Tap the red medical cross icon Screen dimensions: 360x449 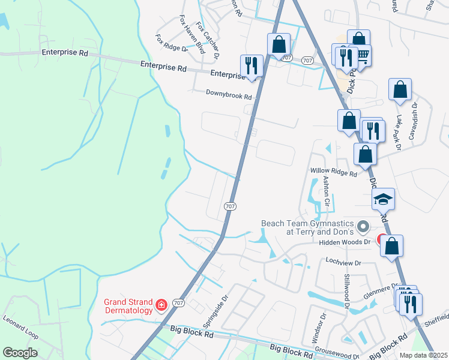pos(161,306)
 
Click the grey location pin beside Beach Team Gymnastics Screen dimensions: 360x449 pos(362,227)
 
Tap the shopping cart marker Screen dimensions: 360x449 pos(362,55)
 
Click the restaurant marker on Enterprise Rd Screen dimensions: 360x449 pos(251,66)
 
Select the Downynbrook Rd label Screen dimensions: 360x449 pos(229,94)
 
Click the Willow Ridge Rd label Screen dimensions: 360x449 pos(333,172)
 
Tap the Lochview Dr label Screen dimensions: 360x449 pos(343,263)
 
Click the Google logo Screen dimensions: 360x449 pos(20,352)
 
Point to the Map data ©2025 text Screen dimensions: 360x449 pos(423,355)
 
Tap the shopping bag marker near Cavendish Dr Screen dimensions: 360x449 pos(400,90)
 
